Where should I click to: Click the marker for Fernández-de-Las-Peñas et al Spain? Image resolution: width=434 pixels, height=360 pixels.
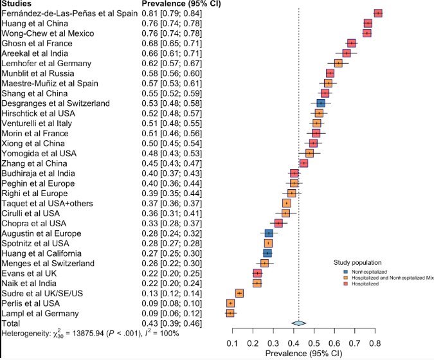[378, 13]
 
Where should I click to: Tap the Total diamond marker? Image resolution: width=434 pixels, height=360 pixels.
[297, 323]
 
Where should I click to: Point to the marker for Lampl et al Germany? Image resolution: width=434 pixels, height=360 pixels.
[230, 313]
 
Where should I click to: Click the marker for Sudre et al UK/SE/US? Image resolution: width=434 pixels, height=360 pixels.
[239, 293]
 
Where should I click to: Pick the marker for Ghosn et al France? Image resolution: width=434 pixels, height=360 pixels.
[352, 43]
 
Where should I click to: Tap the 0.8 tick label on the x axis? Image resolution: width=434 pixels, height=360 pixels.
[374, 344]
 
